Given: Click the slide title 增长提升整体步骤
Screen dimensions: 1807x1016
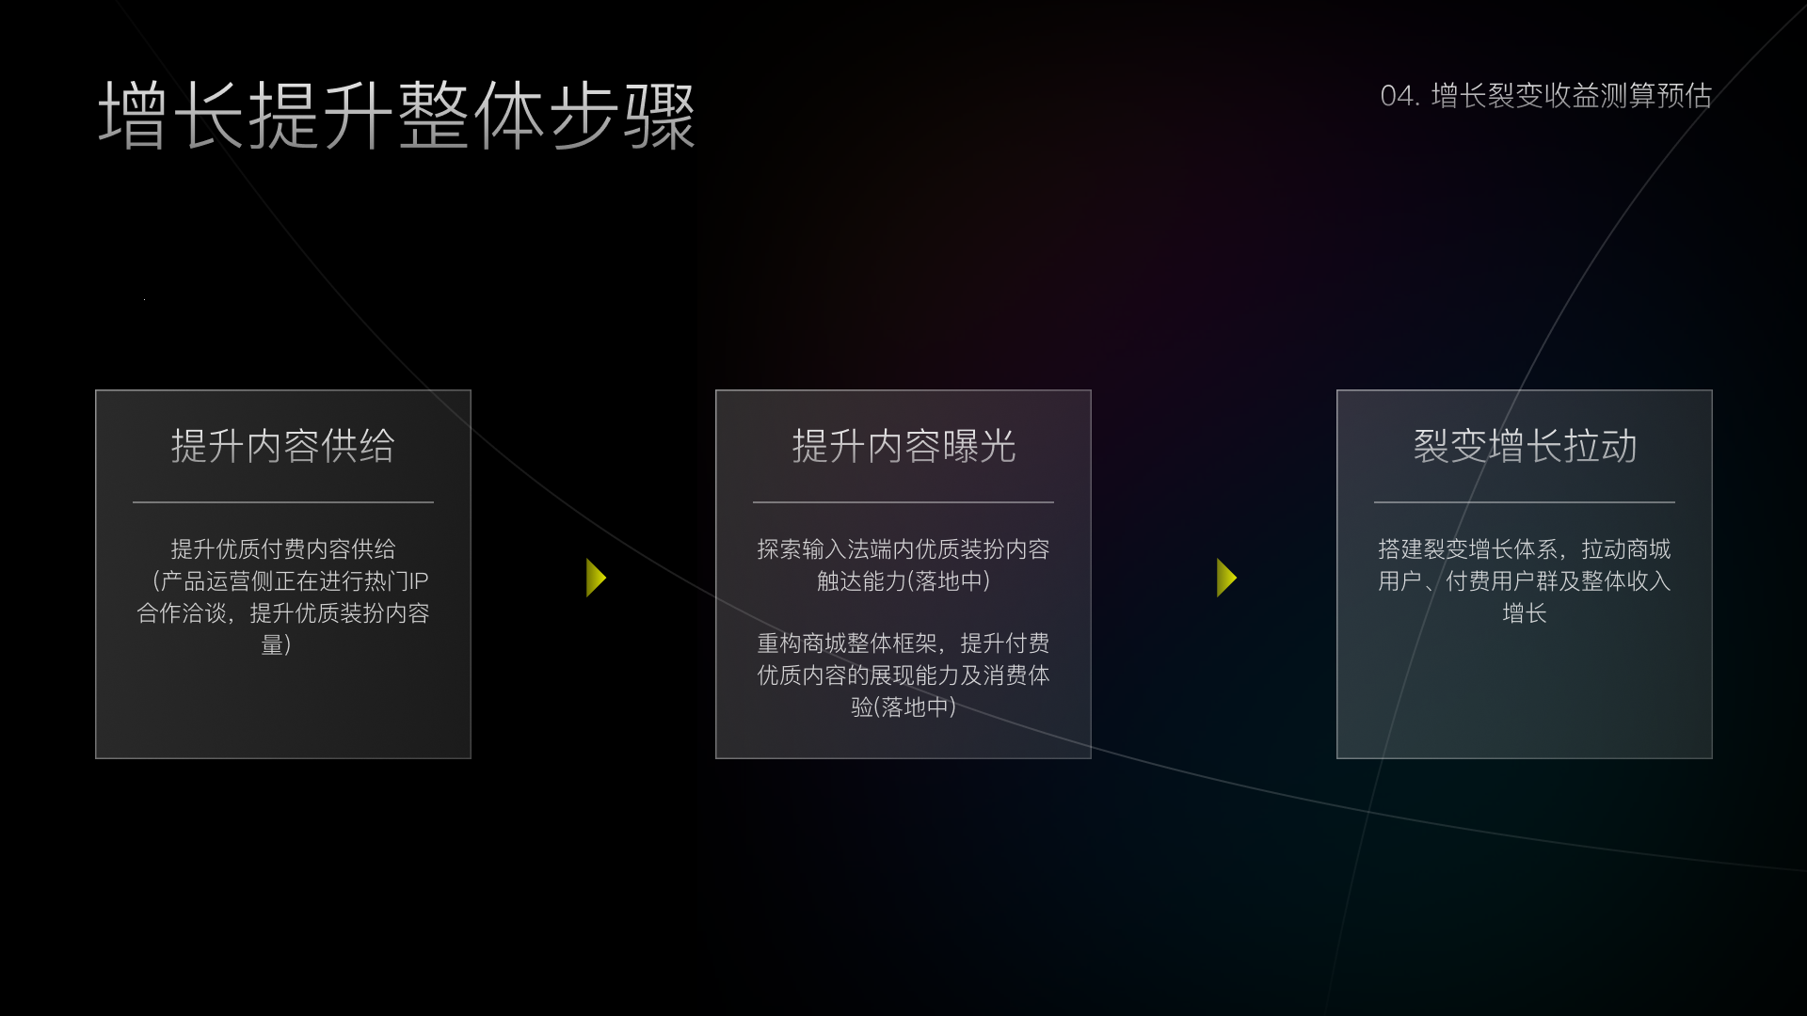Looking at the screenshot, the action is [396, 116].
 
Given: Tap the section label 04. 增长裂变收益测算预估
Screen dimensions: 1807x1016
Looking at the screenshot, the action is [1545, 96].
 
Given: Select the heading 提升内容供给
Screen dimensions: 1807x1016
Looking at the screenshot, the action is [282, 446].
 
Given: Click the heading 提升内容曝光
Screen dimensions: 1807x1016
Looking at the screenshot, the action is [903, 446].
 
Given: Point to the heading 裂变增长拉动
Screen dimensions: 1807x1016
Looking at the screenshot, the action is [1525, 446].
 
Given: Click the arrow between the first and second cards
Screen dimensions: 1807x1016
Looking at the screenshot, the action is [596, 578].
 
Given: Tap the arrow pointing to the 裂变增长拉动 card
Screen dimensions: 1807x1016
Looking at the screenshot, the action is [1226, 578].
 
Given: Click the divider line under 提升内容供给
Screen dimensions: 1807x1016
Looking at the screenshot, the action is [282, 502].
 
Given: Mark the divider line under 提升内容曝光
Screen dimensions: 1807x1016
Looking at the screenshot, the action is [903, 502].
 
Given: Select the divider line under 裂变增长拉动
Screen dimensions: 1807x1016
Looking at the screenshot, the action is [1525, 502].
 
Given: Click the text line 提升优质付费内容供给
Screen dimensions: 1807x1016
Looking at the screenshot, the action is [282, 549].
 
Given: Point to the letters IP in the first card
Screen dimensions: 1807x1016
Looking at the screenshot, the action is [419, 581].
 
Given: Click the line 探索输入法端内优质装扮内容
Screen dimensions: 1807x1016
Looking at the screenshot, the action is [903, 549].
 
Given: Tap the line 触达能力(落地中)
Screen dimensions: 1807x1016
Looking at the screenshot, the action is [903, 581].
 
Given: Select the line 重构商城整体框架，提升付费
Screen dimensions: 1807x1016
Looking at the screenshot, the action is [903, 643].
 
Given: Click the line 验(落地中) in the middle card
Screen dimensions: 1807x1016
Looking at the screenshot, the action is [903, 707].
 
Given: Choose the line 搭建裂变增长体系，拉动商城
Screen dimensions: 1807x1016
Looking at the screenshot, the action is [1525, 549].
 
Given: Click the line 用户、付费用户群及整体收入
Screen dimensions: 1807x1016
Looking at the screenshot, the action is [1525, 581].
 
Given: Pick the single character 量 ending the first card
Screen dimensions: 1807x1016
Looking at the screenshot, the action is [272, 645].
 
